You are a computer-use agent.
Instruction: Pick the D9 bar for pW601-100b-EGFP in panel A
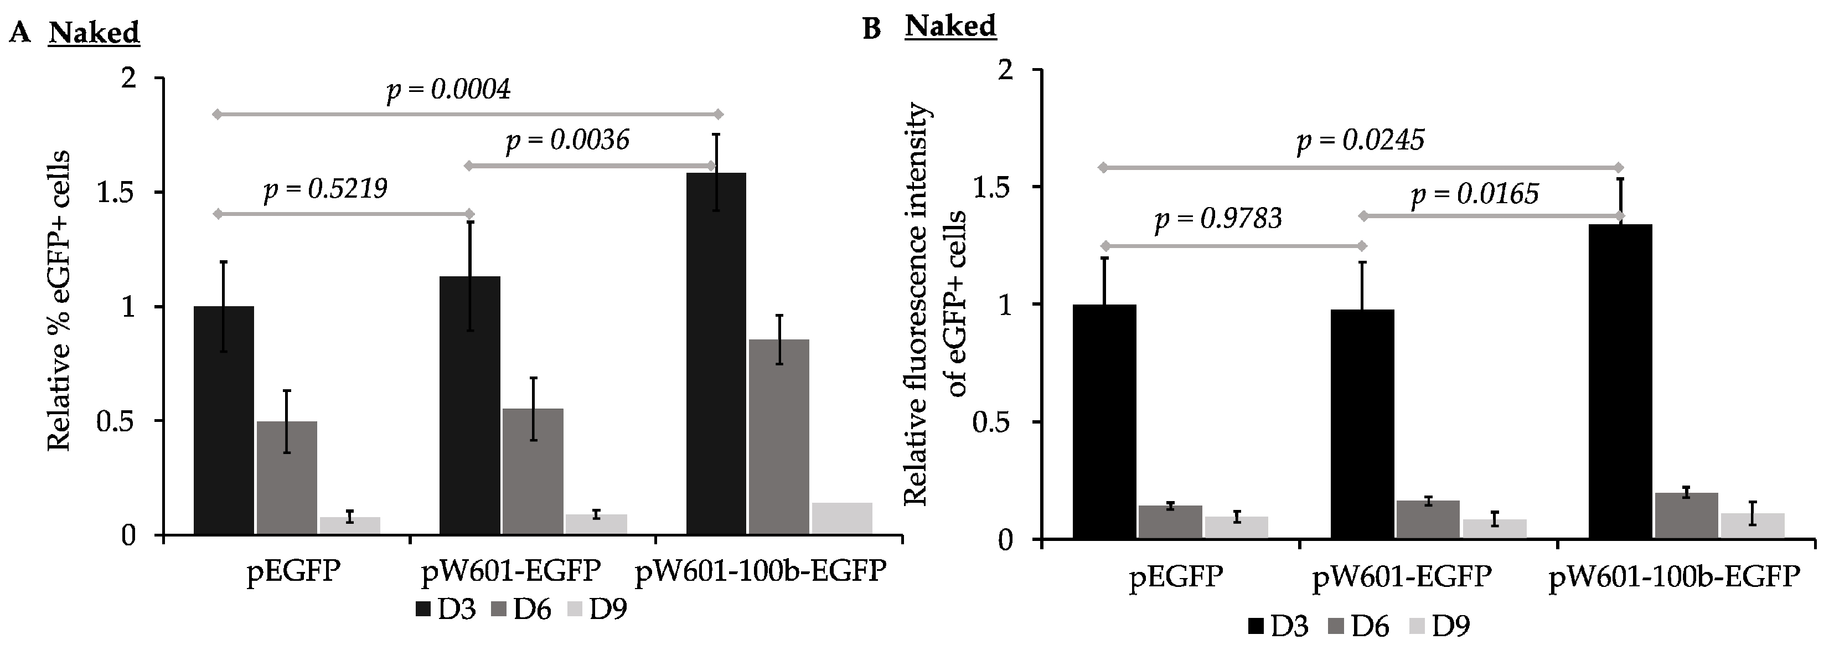coord(842,519)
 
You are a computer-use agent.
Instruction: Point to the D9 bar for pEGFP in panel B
coord(1236,528)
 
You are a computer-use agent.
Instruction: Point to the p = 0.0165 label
coord(1475,194)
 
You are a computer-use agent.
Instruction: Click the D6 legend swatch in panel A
coord(500,609)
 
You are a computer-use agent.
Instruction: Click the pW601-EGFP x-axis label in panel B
coord(1402,576)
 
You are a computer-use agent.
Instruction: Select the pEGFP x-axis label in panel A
coord(293,572)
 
